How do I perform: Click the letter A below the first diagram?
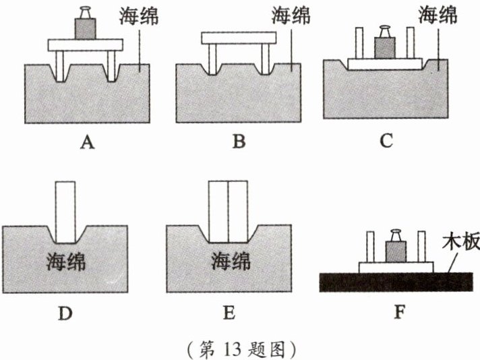point(87,142)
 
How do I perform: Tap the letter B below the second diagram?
point(239,142)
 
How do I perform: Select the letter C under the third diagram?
point(386,141)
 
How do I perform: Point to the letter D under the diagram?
point(65,313)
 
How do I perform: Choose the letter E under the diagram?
point(230,313)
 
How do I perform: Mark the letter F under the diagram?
point(400,312)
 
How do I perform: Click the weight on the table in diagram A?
point(86,23)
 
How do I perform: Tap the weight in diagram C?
point(385,42)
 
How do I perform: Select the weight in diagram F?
point(396,246)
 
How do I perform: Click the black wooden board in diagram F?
point(396,282)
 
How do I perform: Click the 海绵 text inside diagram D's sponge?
point(65,262)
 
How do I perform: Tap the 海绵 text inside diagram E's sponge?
point(231,262)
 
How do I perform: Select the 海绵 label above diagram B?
point(291,16)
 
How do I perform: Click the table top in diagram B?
point(239,38)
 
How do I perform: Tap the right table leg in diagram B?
point(266,59)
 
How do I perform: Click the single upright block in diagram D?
point(65,212)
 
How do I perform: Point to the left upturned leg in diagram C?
point(359,43)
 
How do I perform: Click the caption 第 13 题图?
point(241,349)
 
